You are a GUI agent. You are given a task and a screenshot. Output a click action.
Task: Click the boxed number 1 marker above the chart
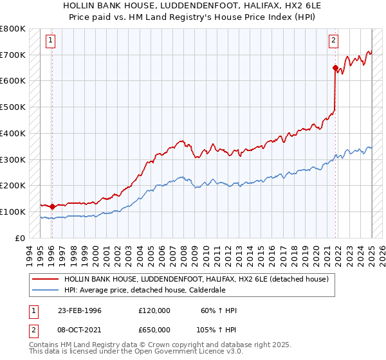pos(51,40)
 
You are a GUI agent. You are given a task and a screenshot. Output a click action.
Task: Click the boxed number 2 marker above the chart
pos(334,40)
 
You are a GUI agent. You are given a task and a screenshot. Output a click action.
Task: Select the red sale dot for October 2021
pos(335,67)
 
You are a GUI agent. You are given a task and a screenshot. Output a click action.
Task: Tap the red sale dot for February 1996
pos(52,206)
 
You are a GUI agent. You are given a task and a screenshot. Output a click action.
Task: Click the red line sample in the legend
pos(45,279)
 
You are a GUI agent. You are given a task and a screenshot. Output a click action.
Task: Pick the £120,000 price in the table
pos(154,310)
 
